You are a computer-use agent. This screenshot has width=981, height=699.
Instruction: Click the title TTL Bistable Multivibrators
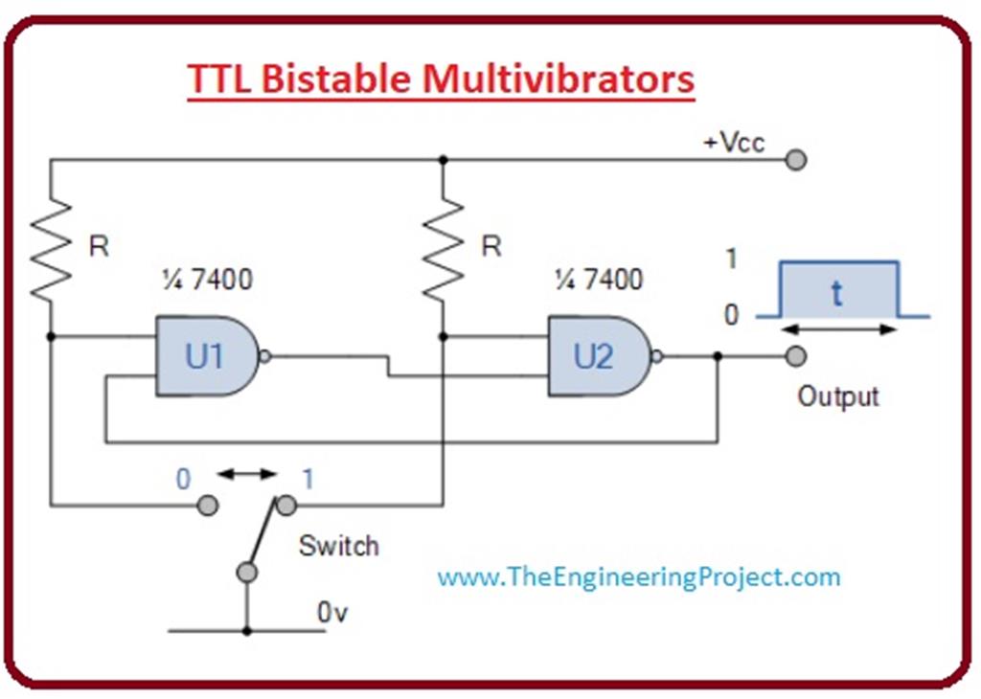click(440, 79)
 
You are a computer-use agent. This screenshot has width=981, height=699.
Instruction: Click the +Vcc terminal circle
click(795, 160)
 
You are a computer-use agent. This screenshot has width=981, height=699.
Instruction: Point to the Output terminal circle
click(795, 356)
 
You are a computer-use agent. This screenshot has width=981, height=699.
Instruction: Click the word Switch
click(338, 547)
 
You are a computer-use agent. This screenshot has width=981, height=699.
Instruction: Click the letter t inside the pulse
click(837, 293)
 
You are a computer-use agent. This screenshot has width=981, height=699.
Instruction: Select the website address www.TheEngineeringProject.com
click(638, 577)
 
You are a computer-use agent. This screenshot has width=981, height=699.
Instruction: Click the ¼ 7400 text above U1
click(208, 280)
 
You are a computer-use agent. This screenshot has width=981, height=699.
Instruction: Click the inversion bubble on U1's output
click(266, 356)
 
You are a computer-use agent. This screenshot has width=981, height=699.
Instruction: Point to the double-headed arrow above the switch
click(247, 473)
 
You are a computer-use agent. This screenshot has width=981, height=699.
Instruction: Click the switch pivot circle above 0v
click(247, 573)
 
